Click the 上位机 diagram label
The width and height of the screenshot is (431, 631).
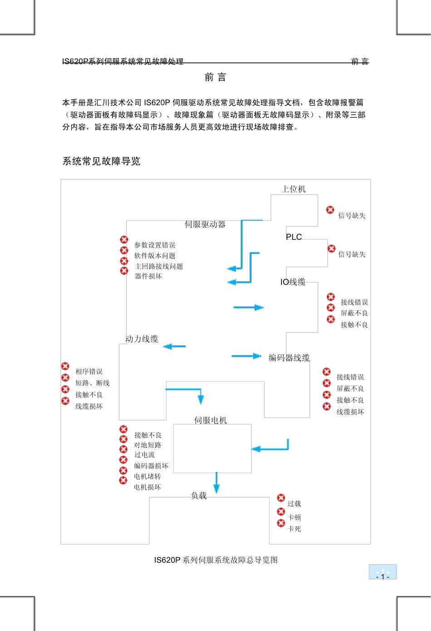point(294,189)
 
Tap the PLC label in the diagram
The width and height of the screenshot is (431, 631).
point(294,237)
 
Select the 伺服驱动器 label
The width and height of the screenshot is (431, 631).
point(205,224)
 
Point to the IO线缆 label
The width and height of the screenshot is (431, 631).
point(293,282)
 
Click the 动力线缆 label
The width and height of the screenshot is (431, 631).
point(142,339)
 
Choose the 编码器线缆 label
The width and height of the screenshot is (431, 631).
point(289,358)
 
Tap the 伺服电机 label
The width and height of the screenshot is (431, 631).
point(211,421)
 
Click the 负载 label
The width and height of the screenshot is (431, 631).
point(199,496)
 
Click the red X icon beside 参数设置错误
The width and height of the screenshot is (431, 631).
point(124,240)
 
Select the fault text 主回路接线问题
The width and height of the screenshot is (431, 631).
point(159,266)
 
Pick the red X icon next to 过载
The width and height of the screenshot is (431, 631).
point(281,498)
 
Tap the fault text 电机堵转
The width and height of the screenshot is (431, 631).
point(147,476)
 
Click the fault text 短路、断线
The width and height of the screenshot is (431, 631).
point(93,383)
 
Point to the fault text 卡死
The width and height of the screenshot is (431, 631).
point(294,529)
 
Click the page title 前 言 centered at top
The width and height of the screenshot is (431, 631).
point(215,77)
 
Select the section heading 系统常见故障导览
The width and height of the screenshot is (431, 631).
point(102,161)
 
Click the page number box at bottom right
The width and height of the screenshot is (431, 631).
point(382,572)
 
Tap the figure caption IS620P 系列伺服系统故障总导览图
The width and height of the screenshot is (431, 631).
point(216,560)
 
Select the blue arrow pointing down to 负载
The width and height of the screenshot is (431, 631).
point(216,482)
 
